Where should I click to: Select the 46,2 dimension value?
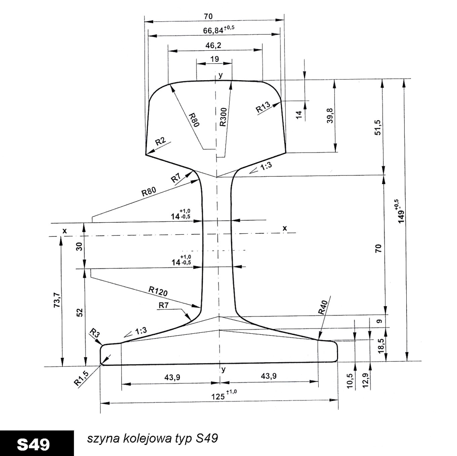click(213, 45)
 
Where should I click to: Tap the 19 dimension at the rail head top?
click(215, 59)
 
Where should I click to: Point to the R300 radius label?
click(223, 117)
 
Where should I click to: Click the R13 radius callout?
click(263, 107)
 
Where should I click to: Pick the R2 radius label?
click(161, 142)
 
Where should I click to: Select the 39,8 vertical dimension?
click(330, 115)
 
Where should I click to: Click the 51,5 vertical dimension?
click(378, 127)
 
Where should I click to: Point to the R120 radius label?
click(158, 291)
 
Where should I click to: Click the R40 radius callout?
click(323, 307)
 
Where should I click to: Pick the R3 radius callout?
click(93, 332)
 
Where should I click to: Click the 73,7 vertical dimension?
click(57, 299)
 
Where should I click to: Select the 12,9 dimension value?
click(366, 381)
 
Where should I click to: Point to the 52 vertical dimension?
click(80, 313)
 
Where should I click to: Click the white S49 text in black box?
click(33, 444)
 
